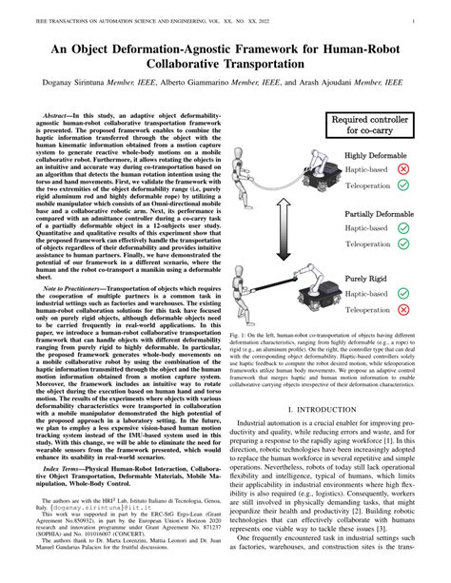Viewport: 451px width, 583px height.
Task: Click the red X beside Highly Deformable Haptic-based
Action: coord(430,167)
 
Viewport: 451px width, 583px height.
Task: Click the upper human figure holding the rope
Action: coord(251,173)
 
